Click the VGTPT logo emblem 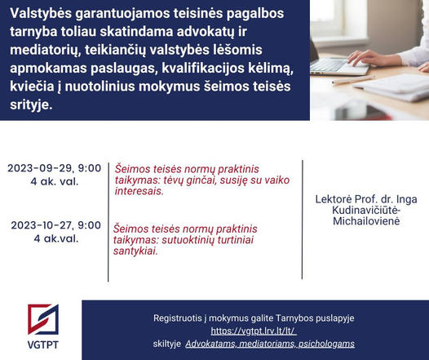point(43,319)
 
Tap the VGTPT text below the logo point(43,344)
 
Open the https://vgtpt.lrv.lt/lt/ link point(254,331)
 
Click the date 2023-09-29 point(41,168)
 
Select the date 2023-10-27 point(42,225)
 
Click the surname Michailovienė point(366,221)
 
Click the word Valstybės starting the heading point(41,14)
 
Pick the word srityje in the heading point(31,105)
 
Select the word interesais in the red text point(139,191)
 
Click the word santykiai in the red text point(135,251)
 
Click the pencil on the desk point(353,80)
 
